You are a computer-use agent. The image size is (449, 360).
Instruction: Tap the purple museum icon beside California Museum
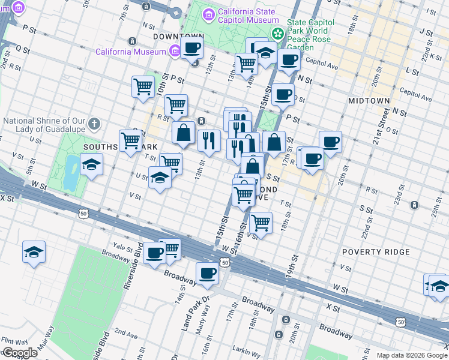(x=174, y=50)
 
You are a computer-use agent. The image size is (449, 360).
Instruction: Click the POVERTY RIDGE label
(x=376, y=252)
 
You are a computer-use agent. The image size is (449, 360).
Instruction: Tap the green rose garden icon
(x=277, y=35)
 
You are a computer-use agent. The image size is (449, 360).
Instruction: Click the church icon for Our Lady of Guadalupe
(x=93, y=124)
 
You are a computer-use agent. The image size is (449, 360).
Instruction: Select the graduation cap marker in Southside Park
(x=91, y=164)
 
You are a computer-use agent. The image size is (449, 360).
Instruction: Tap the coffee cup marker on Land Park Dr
(x=208, y=273)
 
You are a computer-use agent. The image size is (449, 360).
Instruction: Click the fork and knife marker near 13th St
(x=209, y=141)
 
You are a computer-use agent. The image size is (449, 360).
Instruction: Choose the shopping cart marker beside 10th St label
(x=143, y=86)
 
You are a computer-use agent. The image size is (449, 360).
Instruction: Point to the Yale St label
(x=122, y=246)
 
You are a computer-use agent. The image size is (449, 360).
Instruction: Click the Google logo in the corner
(x=19, y=353)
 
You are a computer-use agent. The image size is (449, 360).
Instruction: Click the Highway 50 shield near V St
(x=82, y=212)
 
